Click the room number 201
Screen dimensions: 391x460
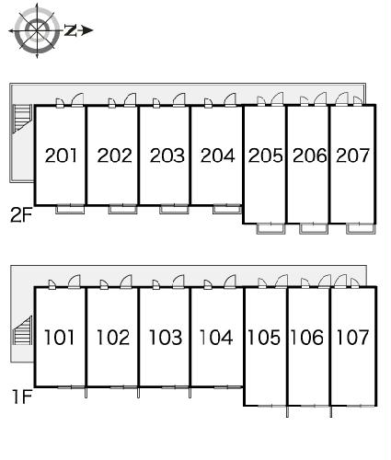pyautogui.click(x=61, y=155)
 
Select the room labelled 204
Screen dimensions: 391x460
pyautogui.click(x=218, y=155)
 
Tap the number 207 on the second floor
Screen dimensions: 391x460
pyautogui.click(x=352, y=155)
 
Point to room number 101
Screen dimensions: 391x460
pyautogui.click(x=60, y=338)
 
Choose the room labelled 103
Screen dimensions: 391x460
pyautogui.click(x=166, y=338)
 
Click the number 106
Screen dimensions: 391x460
pyautogui.click(x=307, y=338)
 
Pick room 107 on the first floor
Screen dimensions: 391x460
pyautogui.click(x=352, y=338)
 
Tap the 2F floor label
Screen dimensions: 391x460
pyautogui.click(x=21, y=214)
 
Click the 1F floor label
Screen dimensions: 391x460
pyautogui.click(x=22, y=397)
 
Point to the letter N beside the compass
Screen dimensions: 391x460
pyautogui.click(x=71, y=30)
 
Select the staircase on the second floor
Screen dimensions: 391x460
pyautogui.click(x=22, y=119)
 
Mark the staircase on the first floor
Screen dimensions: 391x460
pyautogui.click(x=22, y=330)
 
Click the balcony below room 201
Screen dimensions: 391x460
pyautogui.click(x=70, y=209)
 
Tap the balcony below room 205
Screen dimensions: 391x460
pyautogui.click(x=270, y=229)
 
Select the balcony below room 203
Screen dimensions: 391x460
pyautogui.click(x=174, y=209)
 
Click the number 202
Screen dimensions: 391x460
pyautogui.click(x=114, y=155)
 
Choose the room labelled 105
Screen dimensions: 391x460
pyautogui.click(x=264, y=338)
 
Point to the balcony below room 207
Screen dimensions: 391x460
pyautogui.click(x=361, y=229)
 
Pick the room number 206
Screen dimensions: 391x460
pyautogui.click(x=310, y=155)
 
